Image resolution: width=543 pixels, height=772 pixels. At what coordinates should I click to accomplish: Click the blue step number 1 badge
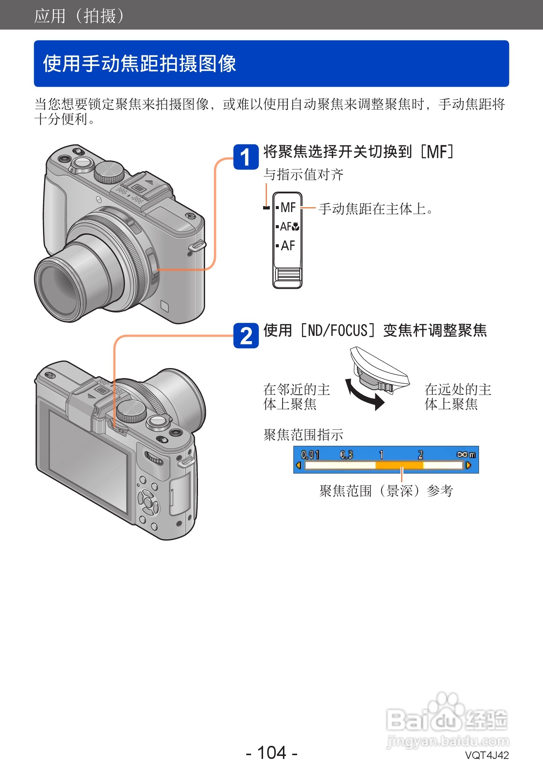pyautogui.click(x=246, y=157)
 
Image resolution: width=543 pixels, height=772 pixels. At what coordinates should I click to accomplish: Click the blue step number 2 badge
pyautogui.click(x=246, y=336)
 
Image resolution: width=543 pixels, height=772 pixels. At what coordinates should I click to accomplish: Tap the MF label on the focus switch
pyautogui.click(x=288, y=207)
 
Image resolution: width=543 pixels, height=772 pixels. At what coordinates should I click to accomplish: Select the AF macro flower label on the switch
pyautogui.click(x=289, y=226)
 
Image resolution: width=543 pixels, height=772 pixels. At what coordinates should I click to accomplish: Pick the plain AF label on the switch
pyautogui.click(x=288, y=246)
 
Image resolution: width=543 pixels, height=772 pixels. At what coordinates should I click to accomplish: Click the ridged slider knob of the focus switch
pyautogui.click(x=287, y=275)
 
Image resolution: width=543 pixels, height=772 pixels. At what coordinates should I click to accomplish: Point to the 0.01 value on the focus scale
pyautogui.click(x=310, y=455)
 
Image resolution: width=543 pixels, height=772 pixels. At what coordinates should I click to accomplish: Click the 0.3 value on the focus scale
pyautogui.click(x=346, y=455)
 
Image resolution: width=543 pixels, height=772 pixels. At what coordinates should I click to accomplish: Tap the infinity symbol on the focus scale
pyautogui.click(x=462, y=454)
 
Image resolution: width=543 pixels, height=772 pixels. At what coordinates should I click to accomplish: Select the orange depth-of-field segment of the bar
pyautogui.click(x=399, y=465)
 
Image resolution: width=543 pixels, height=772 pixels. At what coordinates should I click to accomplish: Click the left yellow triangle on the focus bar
pyautogui.click(x=299, y=465)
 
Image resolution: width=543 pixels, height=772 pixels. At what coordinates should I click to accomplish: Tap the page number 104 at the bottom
pyautogui.click(x=272, y=753)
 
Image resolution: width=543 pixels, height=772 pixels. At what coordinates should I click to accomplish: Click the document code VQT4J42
pyautogui.click(x=486, y=755)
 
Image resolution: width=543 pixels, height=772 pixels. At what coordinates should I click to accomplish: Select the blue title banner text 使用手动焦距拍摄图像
pyautogui.click(x=139, y=64)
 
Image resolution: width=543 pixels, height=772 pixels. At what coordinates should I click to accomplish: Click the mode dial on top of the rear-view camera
pyautogui.click(x=131, y=411)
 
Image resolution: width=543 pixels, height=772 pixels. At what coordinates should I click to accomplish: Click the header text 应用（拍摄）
pyautogui.click(x=79, y=16)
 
